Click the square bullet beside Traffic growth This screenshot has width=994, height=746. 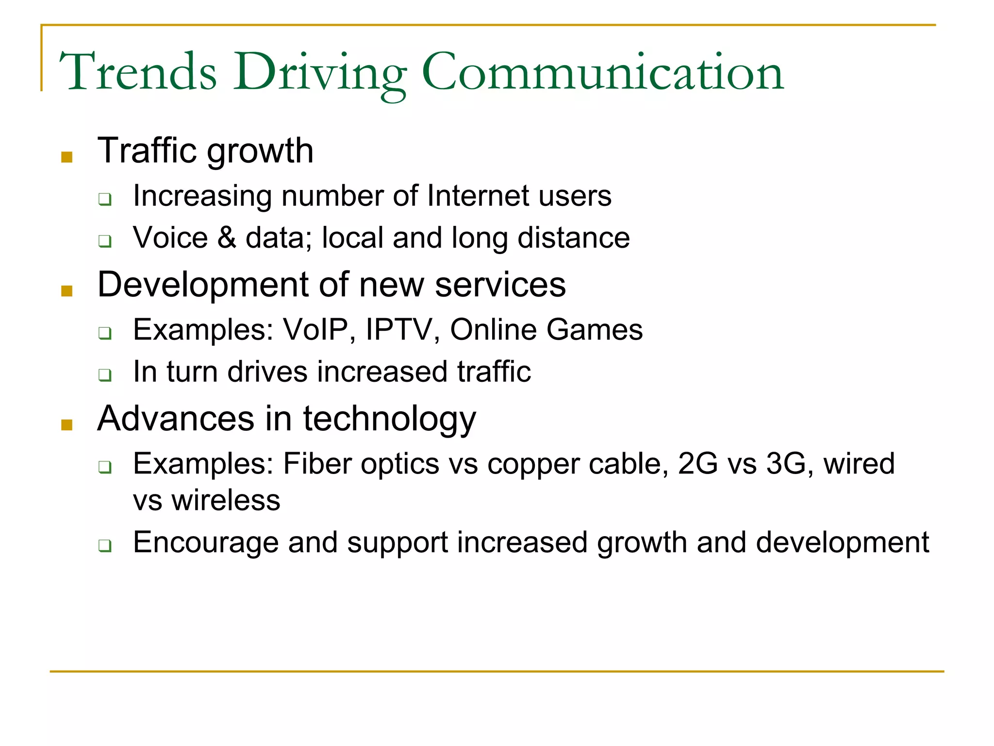67,157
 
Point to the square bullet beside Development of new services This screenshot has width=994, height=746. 67,291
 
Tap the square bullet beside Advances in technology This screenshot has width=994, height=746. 67,425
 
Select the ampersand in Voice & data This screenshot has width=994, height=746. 227,237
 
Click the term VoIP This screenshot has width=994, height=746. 316,330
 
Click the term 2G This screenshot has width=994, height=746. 697,463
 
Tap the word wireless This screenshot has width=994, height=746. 226,500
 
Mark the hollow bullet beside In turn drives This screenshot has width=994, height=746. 105,375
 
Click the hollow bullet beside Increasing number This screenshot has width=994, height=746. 105,199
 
